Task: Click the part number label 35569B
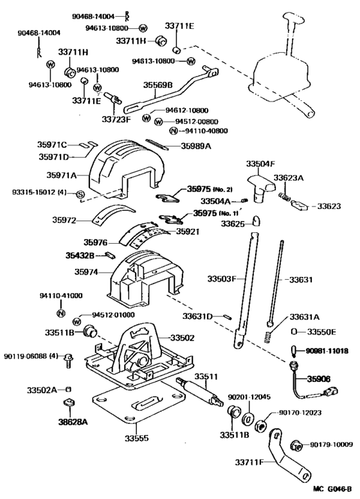click(x=159, y=84)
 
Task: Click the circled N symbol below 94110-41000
click(x=60, y=313)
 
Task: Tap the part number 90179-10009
click(x=332, y=444)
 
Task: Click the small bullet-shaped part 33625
click(x=255, y=221)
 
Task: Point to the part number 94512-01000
click(x=113, y=315)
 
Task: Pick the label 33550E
click(x=323, y=332)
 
